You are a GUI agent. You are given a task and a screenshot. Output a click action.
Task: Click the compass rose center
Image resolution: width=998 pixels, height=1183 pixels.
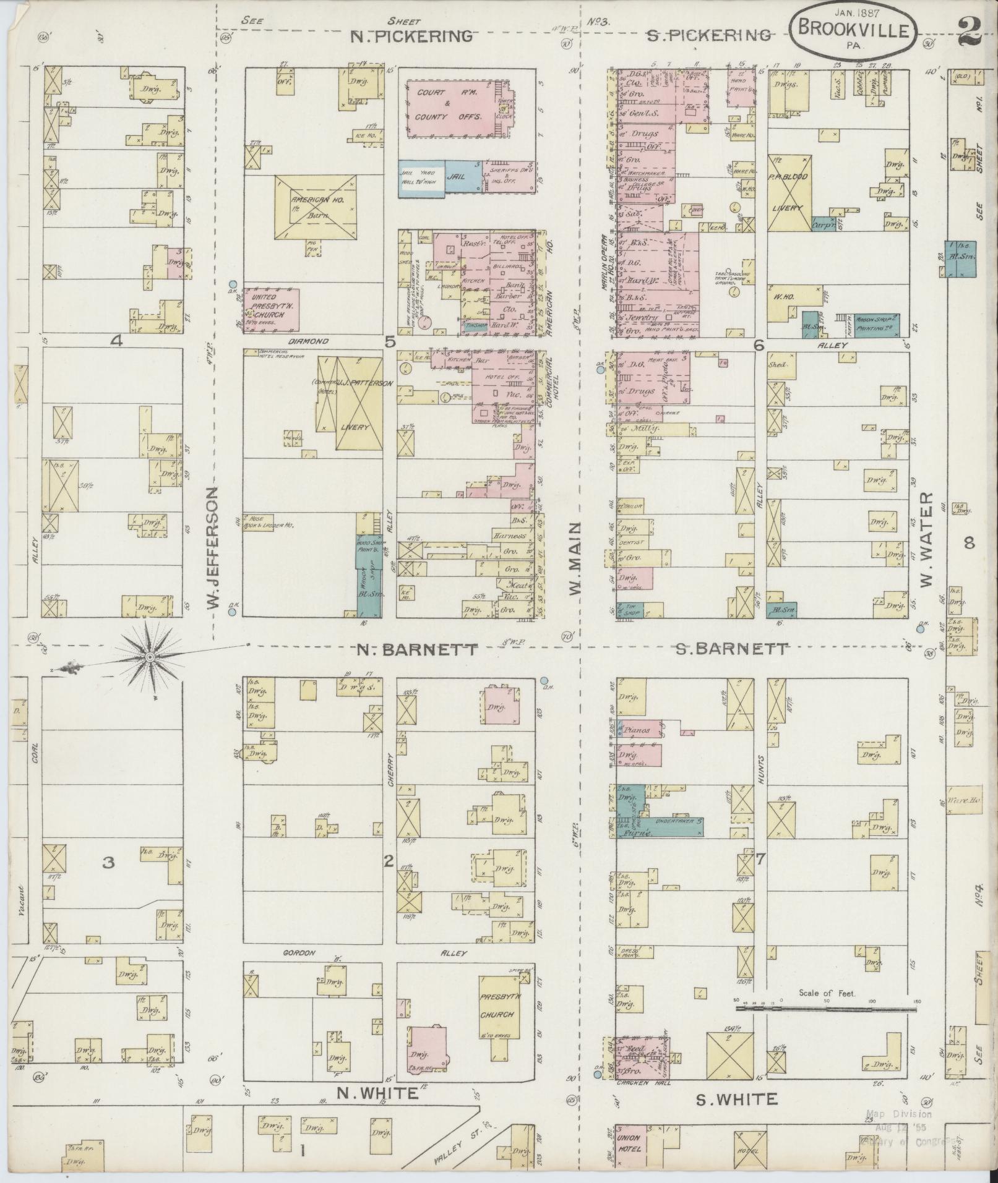[x=150, y=657]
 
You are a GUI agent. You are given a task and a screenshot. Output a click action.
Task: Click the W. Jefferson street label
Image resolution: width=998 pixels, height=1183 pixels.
[x=213, y=547]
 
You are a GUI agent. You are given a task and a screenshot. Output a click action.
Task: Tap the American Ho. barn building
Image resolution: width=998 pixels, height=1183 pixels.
[x=316, y=207]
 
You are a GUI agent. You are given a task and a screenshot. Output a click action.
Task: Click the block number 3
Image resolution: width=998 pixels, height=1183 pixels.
[x=109, y=863]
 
